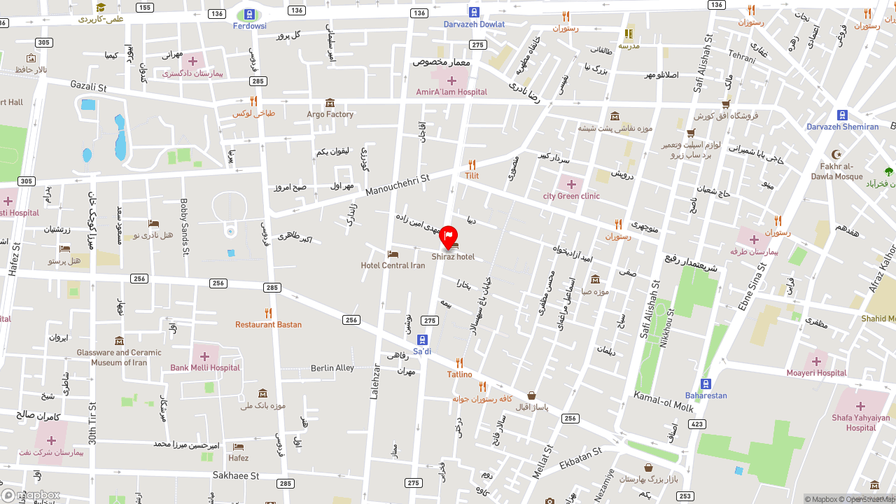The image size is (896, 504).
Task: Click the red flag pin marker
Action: [x=448, y=237]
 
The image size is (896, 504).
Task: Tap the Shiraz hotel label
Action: [x=453, y=257]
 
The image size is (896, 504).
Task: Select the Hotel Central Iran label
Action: [x=393, y=265]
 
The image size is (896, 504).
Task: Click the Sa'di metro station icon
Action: [x=422, y=339]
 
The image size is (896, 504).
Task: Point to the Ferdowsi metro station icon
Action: [x=249, y=14]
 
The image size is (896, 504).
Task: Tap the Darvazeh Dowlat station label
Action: [x=474, y=24]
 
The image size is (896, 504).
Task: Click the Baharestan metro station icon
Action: [x=706, y=384]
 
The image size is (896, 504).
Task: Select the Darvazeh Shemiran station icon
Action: [x=842, y=115]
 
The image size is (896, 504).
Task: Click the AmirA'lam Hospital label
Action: [x=451, y=92]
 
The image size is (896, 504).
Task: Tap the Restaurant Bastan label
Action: [x=268, y=325]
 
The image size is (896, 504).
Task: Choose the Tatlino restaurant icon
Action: [x=459, y=363]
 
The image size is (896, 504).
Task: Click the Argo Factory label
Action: [x=330, y=114]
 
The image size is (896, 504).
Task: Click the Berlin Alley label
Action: [x=332, y=368]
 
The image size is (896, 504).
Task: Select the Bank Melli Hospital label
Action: [x=205, y=367]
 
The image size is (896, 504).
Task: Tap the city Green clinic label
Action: [x=571, y=196]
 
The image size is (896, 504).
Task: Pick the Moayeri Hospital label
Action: [x=816, y=373]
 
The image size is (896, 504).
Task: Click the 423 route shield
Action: [x=696, y=424]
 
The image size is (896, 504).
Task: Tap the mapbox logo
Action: [x=31, y=495]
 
